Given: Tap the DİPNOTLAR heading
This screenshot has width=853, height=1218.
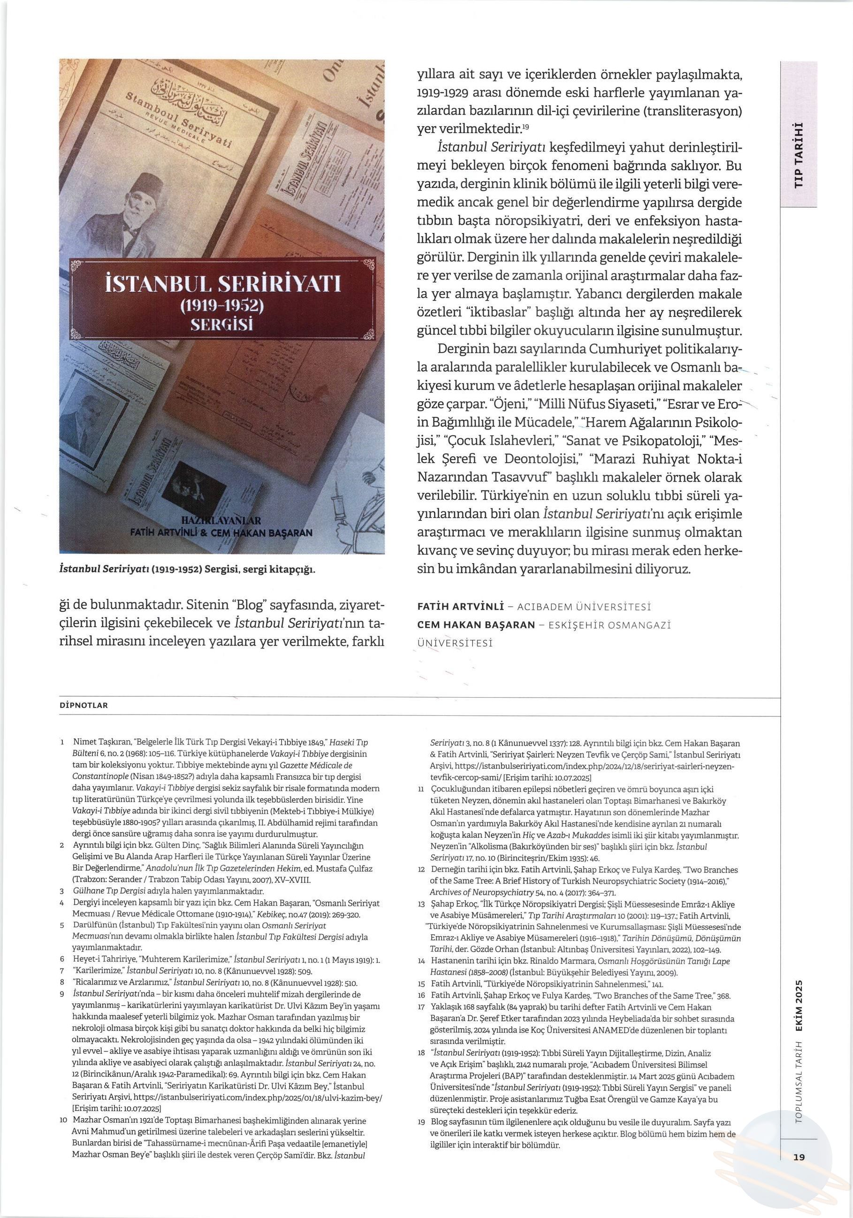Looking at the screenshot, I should (x=84, y=705).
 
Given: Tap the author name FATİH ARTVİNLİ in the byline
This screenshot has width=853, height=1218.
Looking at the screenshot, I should (x=460, y=606).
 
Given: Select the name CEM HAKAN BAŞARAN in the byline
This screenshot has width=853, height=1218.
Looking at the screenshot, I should (x=476, y=624).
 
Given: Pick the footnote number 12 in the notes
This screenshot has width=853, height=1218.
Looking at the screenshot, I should (x=421, y=870).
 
